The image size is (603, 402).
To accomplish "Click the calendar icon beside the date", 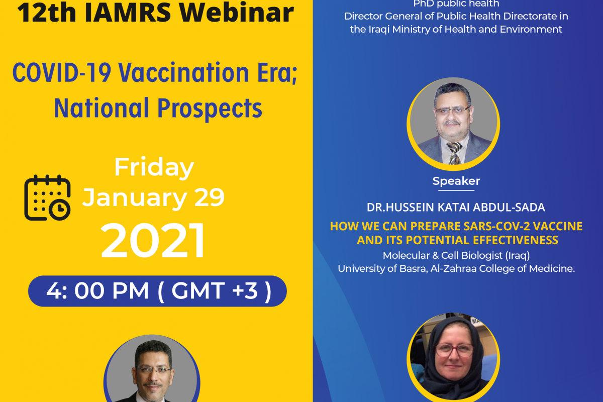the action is click(x=47, y=197).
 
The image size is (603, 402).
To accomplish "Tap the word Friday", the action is click(x=154, y=167).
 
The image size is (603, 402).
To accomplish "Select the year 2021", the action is click(x=153, y=240).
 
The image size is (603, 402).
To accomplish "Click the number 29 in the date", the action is click(x=209, y=197).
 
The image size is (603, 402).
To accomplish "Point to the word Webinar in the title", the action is click(x=237, y=13).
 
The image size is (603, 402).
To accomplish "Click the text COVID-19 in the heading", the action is click(x=62, y=73).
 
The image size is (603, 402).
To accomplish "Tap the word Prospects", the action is click(x=210, y=108).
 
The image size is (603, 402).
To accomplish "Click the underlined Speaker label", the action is click(x=456, y=181).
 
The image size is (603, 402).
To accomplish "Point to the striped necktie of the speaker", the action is click(x=454, y=153).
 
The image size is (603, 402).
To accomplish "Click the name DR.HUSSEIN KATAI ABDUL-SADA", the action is click(x=456, y=208).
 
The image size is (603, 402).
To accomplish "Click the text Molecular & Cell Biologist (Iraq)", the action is click(x=456, y=256).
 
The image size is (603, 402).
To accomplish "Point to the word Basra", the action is click(x=414, y=268).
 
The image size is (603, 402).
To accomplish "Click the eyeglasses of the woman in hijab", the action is click(x=454, y=350).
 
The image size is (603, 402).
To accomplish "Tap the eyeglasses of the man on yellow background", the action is click(x=152, y=370).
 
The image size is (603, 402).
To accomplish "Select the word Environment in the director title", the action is click(x=531, y=29).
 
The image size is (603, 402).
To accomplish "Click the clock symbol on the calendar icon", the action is click(x=60, y=210).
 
